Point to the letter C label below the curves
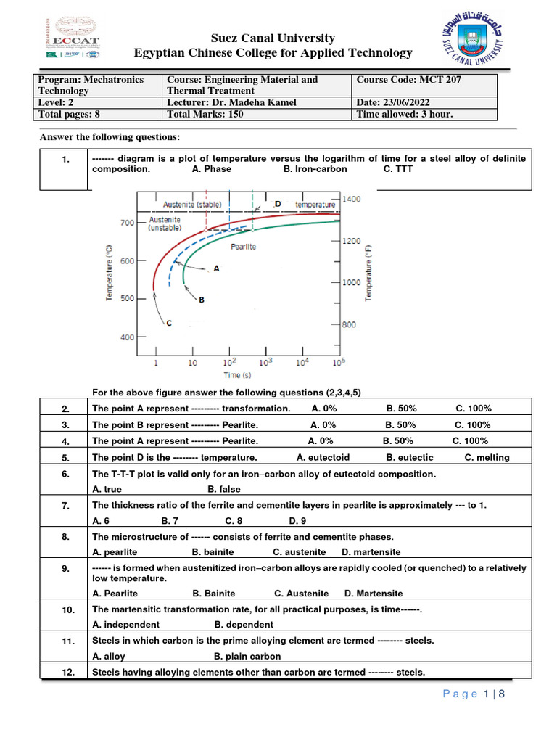(169, 324)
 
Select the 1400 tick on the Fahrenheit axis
(351, 198)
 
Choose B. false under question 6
(224, 490)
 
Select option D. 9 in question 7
(297, 521)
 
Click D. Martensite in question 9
(374, 594)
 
